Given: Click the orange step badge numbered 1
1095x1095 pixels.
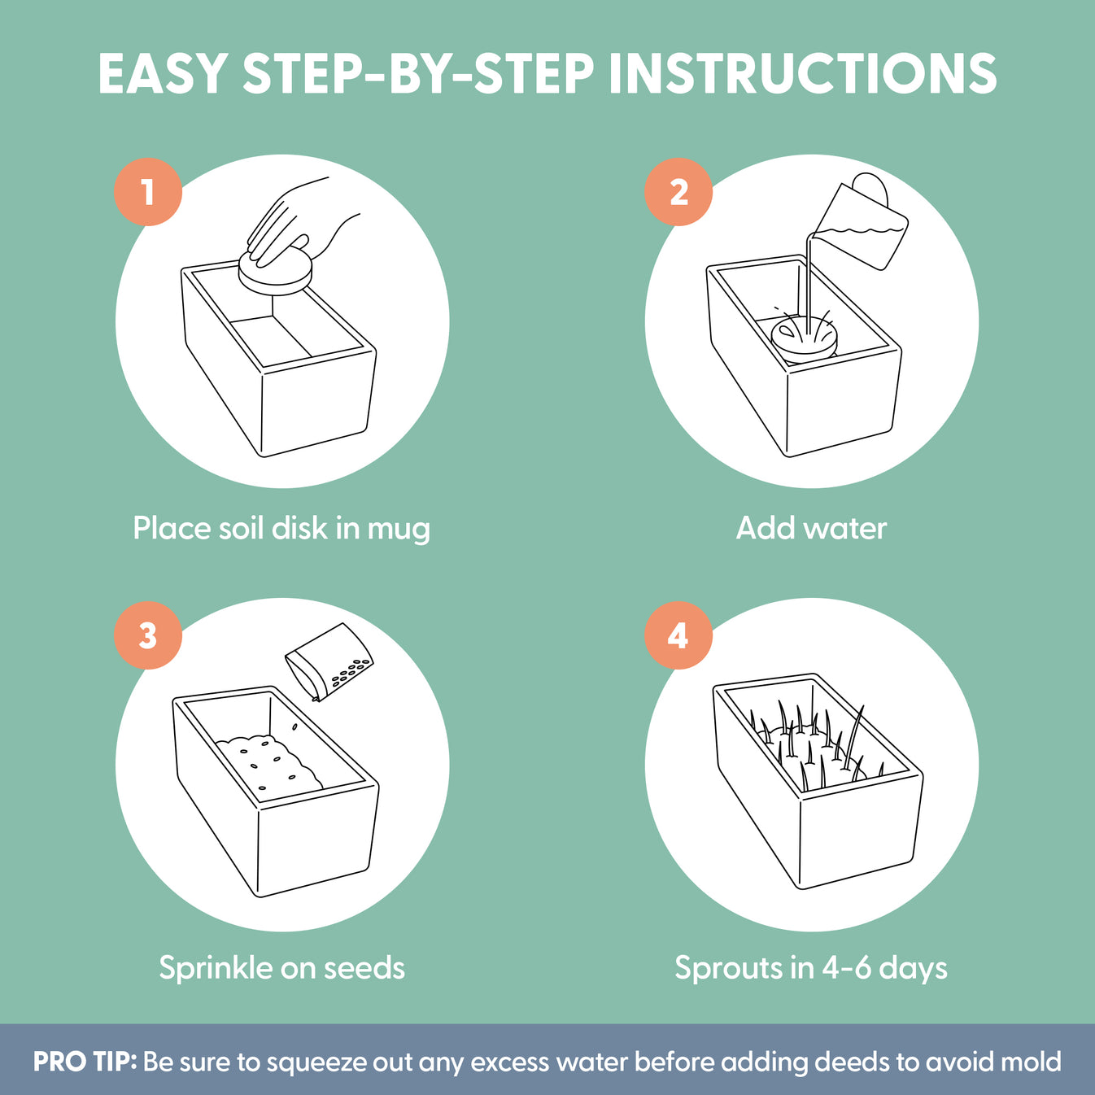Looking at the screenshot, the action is pos(148,192).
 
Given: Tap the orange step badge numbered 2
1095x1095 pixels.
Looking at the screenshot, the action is pos(678,192).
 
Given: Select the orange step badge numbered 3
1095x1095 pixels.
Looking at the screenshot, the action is pos(148,635).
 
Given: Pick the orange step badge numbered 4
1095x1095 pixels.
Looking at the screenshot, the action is pos(678,635).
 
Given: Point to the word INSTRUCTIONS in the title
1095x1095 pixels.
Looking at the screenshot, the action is pos(802,74).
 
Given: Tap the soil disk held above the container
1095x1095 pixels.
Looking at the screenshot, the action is pos(276,273).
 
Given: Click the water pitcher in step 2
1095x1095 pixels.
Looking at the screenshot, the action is pos(858,221).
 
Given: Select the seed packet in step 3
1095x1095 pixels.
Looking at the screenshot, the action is pos(329,662).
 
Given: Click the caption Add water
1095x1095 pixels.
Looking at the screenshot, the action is pos(811,528).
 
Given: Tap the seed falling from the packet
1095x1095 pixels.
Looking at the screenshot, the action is pos(294,726).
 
